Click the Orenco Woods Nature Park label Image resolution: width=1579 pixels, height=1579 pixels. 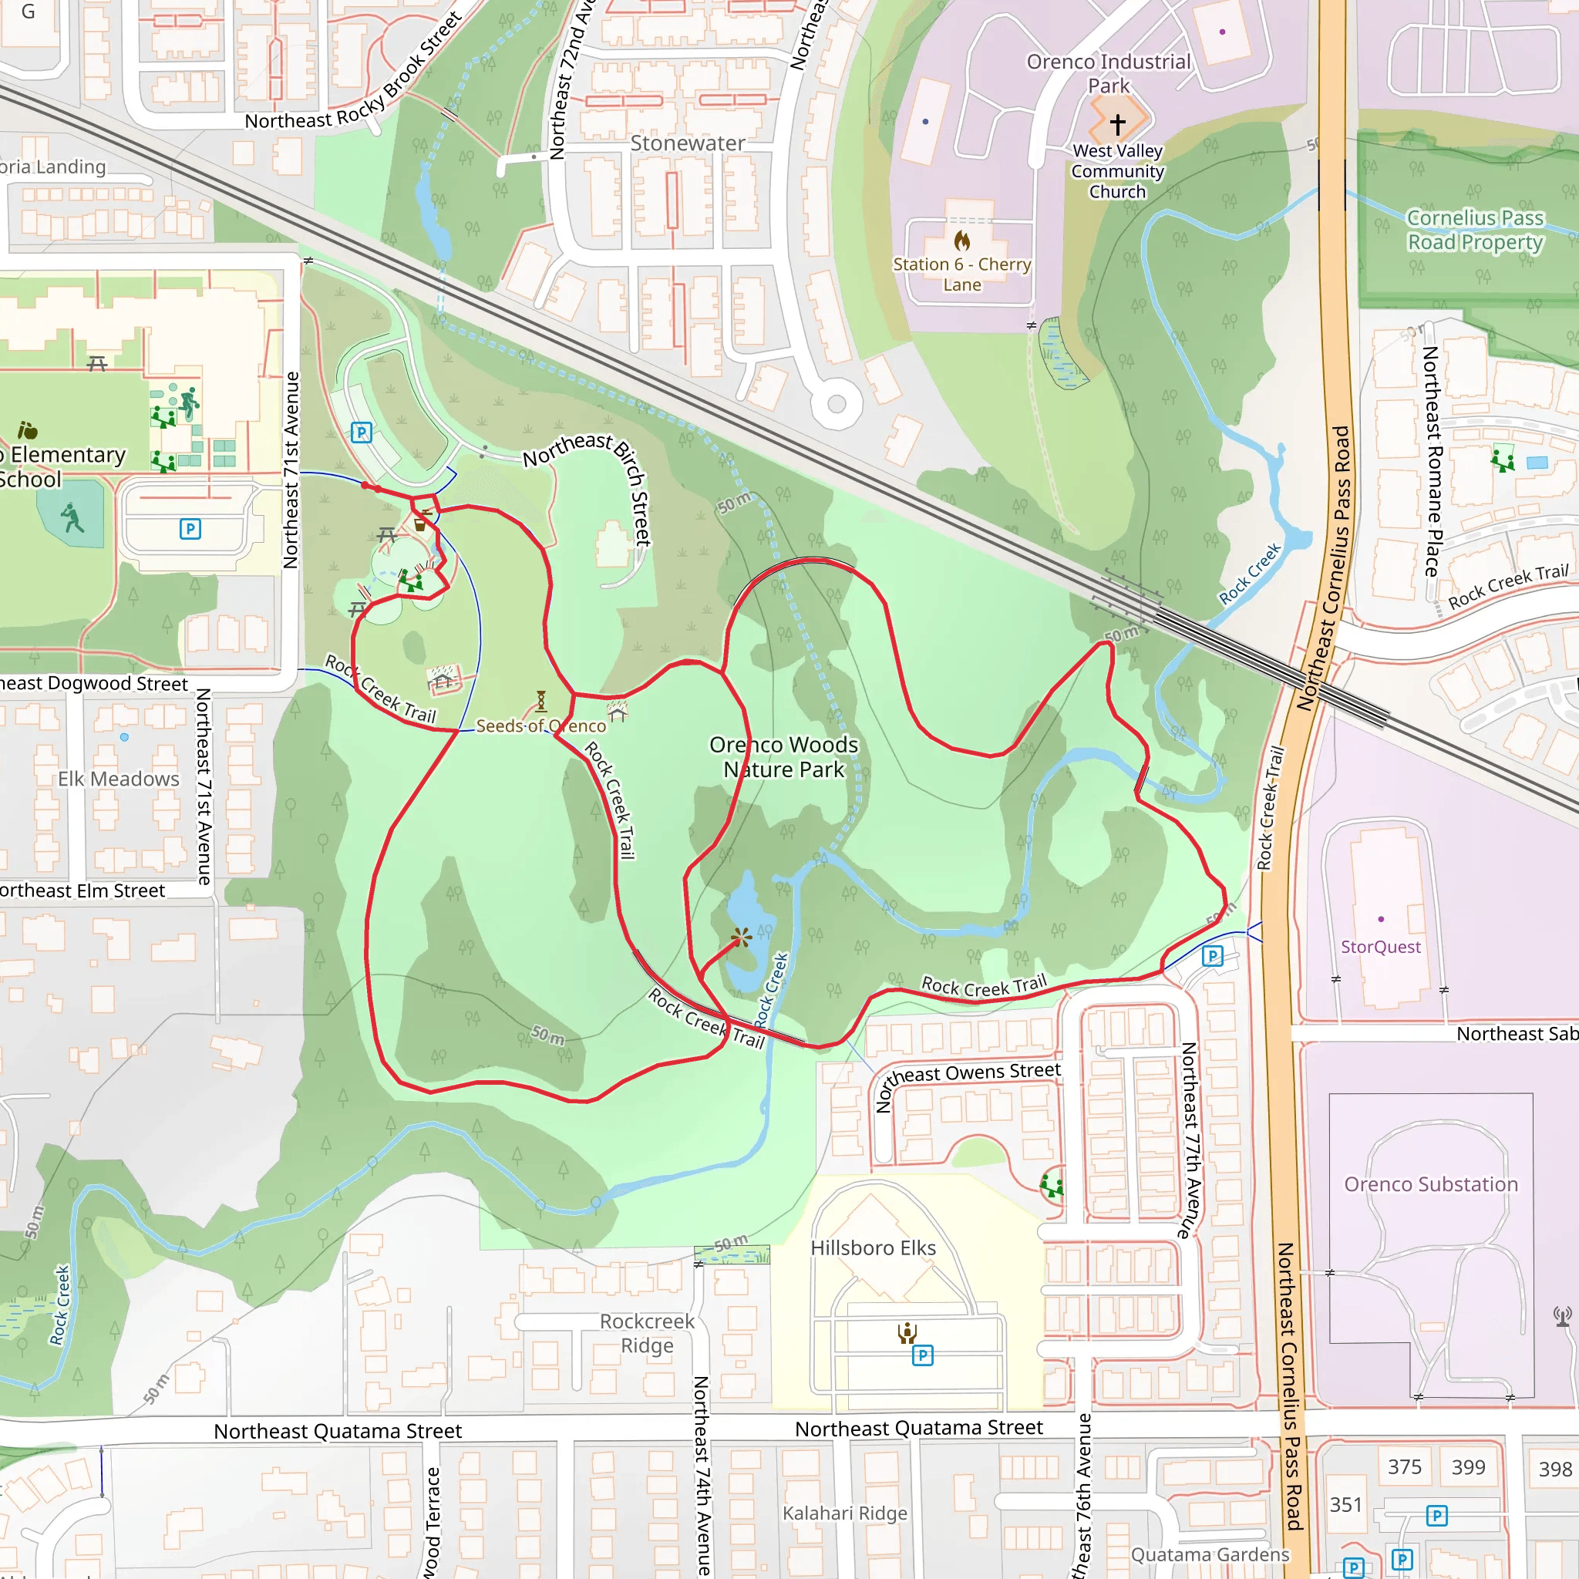point(783,757)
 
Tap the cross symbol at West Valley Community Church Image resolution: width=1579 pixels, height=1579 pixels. point(1117,123)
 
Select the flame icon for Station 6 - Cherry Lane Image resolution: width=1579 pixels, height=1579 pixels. point(962,241)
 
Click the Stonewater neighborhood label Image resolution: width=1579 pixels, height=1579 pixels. point(687,144)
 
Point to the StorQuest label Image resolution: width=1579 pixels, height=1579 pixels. point(1380,947)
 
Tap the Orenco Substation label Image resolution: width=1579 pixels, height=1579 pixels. point(1430,1184)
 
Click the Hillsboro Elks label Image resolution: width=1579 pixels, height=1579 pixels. point(873,1248)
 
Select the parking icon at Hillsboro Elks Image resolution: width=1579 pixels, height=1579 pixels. point(922,1356)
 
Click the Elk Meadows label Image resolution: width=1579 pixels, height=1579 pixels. point(119,779)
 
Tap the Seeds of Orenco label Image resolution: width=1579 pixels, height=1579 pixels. point(541,726)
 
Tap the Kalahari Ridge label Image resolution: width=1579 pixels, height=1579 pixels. point(844,1513)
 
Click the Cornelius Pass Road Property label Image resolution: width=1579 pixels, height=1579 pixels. point(1474,230)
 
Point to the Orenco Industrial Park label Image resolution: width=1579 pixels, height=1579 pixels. point(1108,73)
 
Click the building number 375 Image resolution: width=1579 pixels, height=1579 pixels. point(1404,1467)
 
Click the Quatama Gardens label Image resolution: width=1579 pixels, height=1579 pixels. point(1210,1554)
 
